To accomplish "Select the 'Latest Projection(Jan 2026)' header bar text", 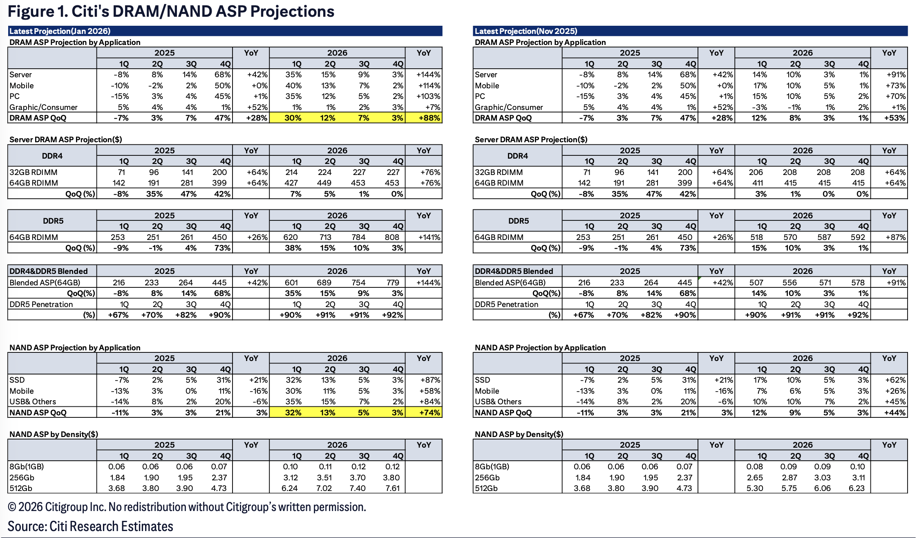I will click(x=60, y=31).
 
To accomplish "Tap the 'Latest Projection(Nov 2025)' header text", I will click(x=526, y=31).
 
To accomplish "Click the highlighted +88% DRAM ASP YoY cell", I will click(x=429, y=118).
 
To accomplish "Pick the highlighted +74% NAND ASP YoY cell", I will click(x=429, y=412).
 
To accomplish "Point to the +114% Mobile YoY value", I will click(x=429, y=85).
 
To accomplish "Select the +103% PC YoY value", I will click(x=429, y=96).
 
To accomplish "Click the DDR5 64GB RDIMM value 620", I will click(x=291, y=237).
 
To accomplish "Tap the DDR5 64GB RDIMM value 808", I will click(x=392, y=237).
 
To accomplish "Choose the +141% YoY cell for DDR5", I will click(x=429, y=237).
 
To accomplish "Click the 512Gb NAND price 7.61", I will click(x=392, y=488).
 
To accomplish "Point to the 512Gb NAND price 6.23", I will click(x=857, y=488).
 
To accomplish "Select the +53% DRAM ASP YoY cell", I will click(x=895, y=118).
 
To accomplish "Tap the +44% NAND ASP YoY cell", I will click(x=895, y=412).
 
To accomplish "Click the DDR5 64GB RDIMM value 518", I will click(x=756, y=237).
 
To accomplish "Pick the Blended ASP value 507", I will click(x=756, y=282).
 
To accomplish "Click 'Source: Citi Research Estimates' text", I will click(x=90, y=526).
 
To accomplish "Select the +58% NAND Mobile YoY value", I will click(x=430, y=391).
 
